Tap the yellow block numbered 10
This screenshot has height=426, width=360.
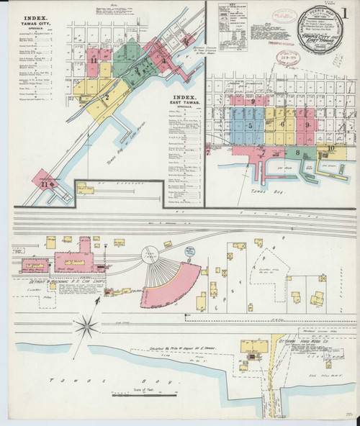[330, 149]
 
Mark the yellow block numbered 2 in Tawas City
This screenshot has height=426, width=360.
[107, 95]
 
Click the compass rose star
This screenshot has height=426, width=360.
[86, 327]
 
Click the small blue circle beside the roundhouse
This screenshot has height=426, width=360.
[190, 251]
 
